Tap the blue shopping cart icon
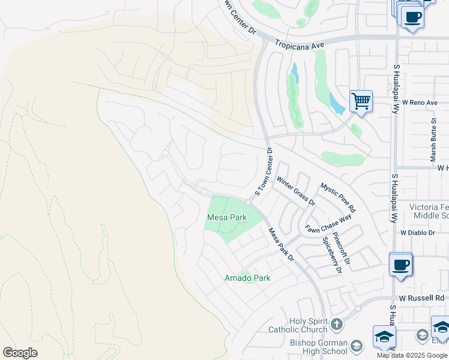(x=361, y=101)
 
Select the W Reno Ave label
(x=420, y=103)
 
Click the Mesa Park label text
(x=227, y=217)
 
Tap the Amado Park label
(x=247, y=278)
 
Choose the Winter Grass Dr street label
(x=295, y=190)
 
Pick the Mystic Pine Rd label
(x=338, y=198)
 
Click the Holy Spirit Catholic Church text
(x=309, y=325)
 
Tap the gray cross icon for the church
(x=337, y=324)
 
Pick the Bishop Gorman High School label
(x=318, y=347)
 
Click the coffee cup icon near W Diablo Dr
(x=400, y=264)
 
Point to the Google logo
(x=20, y=353)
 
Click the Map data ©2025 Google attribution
(x=411, y=355)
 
